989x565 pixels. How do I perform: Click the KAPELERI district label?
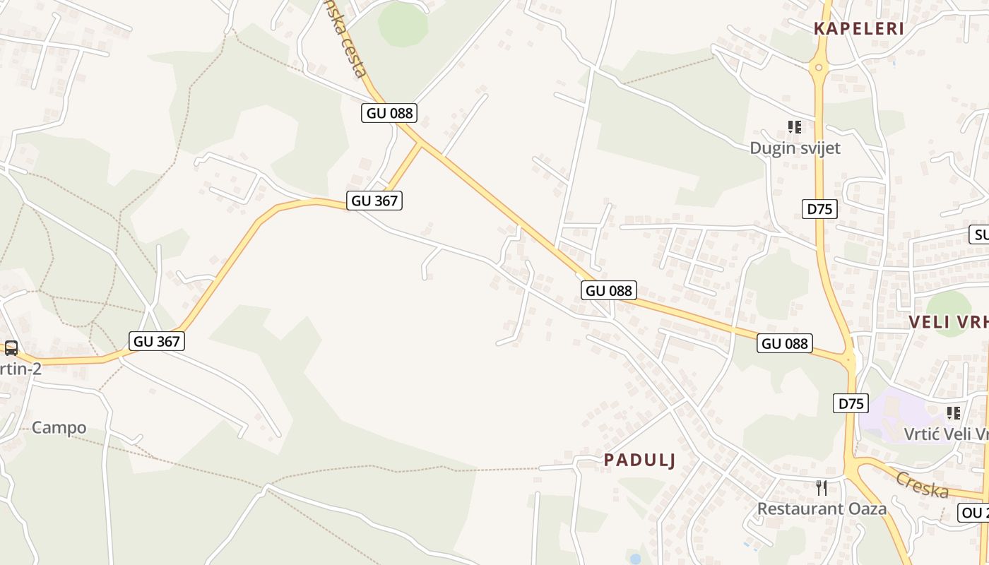click(858, 29)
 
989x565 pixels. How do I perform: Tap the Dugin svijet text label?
click(795, 148)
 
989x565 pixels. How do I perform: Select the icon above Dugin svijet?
click(795, 127)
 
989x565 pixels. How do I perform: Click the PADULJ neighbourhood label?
click(639, 460)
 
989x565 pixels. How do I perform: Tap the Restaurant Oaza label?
click(822, 509)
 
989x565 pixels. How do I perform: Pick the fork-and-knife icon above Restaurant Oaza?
click(822, 487)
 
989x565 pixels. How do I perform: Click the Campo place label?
click(59, 427)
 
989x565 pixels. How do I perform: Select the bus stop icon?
click(11, 347)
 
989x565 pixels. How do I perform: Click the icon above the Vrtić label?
click(954, 412)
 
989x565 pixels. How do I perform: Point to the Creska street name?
click(922, 484)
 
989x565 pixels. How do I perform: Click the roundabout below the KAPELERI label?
click(819, 69)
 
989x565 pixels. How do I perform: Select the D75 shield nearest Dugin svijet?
click(820, 209)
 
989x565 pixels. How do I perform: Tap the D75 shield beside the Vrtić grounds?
click(851, 403)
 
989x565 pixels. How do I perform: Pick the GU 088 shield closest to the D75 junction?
click(785, 343)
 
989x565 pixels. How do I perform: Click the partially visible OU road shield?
click(974, 513)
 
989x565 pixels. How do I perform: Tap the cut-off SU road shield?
click(980, 234)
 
